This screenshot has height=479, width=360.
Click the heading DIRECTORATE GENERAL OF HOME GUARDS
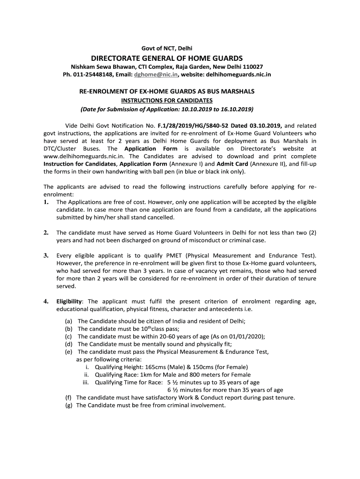167,58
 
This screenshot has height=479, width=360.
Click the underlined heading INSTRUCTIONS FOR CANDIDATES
167,101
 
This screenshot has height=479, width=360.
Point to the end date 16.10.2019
237,109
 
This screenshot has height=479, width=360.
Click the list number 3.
46,255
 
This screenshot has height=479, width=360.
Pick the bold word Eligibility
69,301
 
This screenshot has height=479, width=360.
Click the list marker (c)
69,336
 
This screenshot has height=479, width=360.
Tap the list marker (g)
69,406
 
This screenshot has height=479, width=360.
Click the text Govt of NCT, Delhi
167,48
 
